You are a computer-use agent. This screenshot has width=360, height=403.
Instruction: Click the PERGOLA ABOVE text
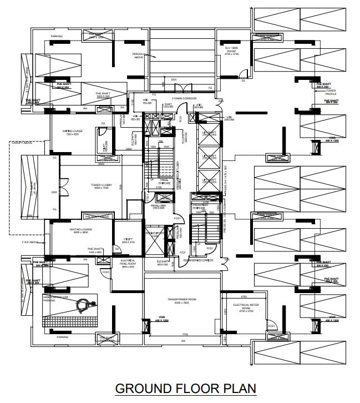139,56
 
